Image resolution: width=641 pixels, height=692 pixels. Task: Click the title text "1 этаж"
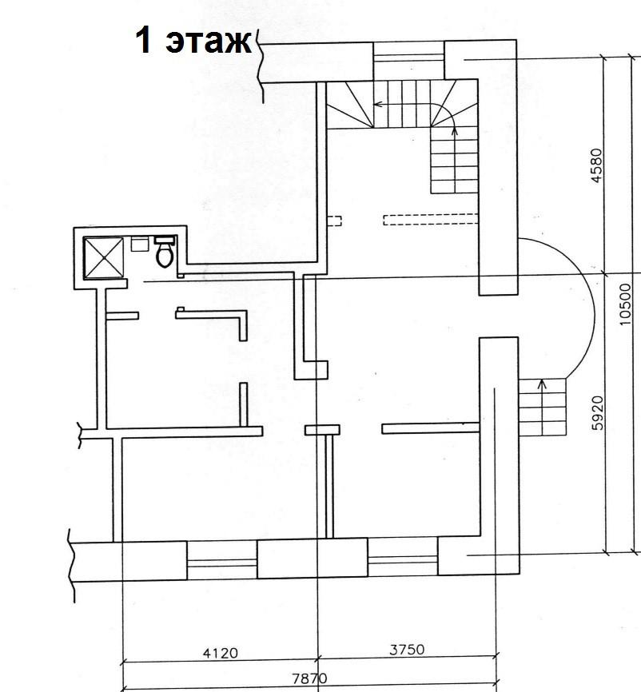193,41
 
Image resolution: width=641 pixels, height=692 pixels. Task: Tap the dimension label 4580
596,165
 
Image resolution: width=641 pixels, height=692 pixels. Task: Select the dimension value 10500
625,304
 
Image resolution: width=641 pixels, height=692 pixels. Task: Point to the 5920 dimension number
597,412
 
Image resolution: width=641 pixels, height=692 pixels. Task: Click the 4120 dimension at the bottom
221,653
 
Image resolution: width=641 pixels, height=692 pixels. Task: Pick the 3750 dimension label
407,650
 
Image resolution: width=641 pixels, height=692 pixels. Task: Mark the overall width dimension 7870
309,678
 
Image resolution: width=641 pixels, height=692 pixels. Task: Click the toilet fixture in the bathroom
164,253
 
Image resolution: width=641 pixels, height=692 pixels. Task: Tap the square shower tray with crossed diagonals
103,258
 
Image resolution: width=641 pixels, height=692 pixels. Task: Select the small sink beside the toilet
140,244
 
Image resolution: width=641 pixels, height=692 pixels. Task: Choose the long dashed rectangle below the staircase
431,219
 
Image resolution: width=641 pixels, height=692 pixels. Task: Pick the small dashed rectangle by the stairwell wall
334,221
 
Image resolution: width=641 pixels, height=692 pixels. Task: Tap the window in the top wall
408,61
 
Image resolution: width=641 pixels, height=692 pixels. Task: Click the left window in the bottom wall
221,560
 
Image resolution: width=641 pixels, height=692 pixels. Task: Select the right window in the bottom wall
403,556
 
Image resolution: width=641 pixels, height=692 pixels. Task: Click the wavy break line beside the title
261,66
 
